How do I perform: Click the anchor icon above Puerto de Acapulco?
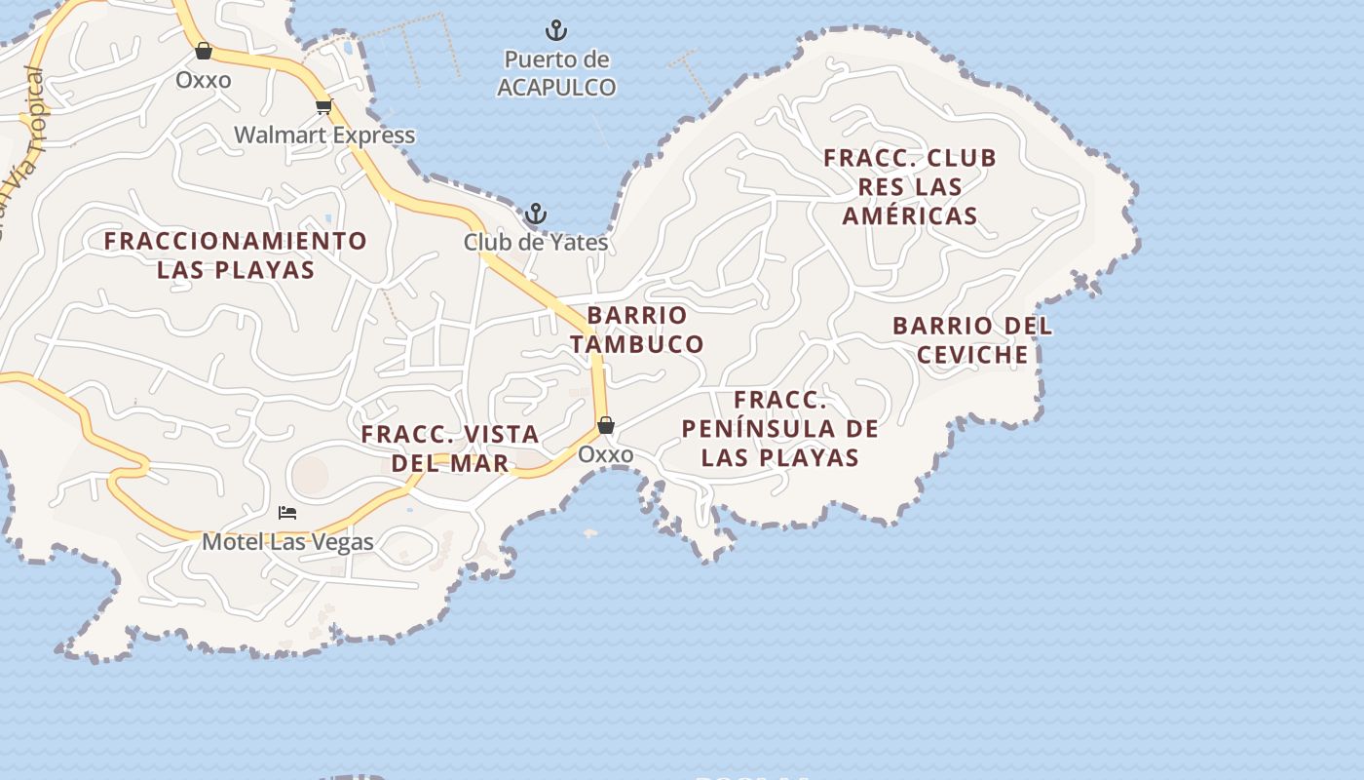tap(555, 30)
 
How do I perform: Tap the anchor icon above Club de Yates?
tap(535, 214)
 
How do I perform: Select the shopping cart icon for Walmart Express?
tap(323, 106)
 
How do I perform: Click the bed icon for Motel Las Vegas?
tap(287, 513)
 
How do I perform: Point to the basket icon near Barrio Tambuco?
tap(605, 425)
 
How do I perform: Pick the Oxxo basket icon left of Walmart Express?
tap(204, 51)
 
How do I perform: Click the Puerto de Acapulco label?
tap(556, 73)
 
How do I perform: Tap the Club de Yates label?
tap(535, 242)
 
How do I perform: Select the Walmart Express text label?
tap(324, 135)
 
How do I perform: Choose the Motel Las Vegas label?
tap(287, 541)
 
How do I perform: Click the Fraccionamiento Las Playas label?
tap(236, 254)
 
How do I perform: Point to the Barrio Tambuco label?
tap(637, 330)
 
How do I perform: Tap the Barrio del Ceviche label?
tap(972, 339)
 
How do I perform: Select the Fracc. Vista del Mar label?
tap(450, 448)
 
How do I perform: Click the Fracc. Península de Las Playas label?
tap(780, 428)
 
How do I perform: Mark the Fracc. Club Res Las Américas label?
tap(910, 186)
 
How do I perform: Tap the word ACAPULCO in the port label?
tap(556, 87)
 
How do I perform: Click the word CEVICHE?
tap(972, 354)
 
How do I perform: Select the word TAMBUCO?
tap(637, 344)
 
